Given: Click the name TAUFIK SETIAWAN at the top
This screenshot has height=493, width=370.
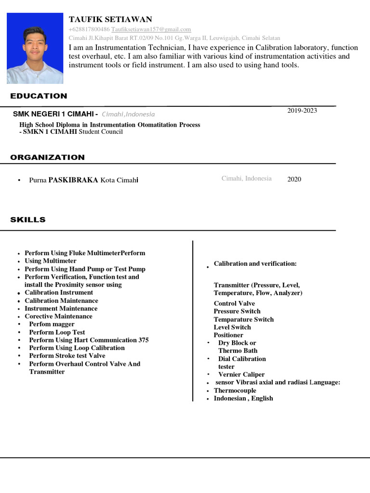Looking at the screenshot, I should (x=110, y=19).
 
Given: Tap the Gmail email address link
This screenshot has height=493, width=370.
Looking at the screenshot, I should (x=151, y=30).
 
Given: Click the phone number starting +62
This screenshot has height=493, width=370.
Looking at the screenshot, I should (x=89, y=30).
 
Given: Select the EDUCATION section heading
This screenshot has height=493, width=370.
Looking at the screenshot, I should (x=39, y=96).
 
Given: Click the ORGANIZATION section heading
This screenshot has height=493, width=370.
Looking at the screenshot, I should (x=47, y=157).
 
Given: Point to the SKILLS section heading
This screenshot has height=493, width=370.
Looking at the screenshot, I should (x=28, y=220).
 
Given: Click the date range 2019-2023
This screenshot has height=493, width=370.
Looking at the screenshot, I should (x=302, y=111).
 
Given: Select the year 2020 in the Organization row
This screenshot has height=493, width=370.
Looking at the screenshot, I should (x=294, y=179).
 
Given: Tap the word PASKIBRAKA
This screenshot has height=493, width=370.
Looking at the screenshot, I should (x=73, y=180).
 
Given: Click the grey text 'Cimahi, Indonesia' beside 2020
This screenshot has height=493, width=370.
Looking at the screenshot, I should (x=246, y=179).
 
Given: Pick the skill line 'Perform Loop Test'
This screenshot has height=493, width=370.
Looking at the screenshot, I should (x=57, y=332).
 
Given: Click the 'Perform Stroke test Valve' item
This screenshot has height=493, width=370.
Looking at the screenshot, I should (x=67, y=356).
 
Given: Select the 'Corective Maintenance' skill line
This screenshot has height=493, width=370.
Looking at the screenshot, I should (x=58, y=316).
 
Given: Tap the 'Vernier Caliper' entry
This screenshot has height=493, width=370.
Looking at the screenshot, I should (x=241, y=375).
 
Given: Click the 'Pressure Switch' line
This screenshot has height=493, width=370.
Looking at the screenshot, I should (x=237, y=311).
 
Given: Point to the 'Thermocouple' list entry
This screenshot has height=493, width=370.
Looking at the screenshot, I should (x=235, y=390).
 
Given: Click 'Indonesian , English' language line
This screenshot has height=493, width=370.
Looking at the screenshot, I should (x=243, y=398).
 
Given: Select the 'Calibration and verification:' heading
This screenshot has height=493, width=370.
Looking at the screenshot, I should (x=255, y=264).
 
